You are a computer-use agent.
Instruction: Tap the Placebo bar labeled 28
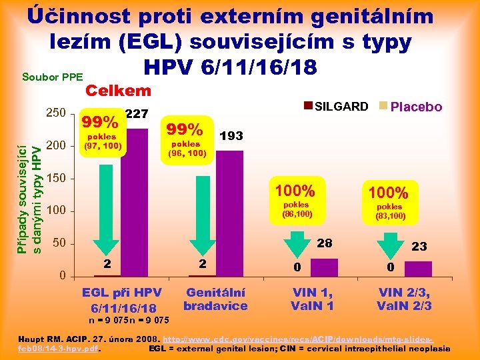click(324, 267)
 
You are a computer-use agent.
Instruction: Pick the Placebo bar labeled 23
click(419, 268)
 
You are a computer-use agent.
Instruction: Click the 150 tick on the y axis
click(55, 178)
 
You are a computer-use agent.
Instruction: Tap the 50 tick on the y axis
click(59, 243)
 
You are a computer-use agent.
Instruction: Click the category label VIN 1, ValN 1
click(312, 299)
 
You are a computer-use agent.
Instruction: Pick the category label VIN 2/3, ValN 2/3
click(405, 299)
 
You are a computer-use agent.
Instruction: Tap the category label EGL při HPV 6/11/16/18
click(121, 300)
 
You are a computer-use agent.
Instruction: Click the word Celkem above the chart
click(117, 91)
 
